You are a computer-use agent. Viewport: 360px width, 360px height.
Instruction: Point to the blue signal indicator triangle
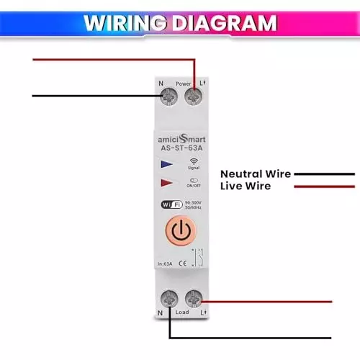pyautogui.click(x=167, y=165)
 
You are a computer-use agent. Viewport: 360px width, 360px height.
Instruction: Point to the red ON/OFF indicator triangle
pyautogui.click(x=167, y=183)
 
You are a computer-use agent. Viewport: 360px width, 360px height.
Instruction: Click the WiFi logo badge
pyautogui.click(x=171, y=204)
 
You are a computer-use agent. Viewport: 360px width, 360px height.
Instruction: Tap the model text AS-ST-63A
pyautogui.click(x=180, y=149)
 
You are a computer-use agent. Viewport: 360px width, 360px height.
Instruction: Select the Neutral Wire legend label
pyautogui.click(x=256, y=174)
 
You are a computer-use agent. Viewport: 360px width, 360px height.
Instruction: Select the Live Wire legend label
pyautogui.click(x=246, y=186)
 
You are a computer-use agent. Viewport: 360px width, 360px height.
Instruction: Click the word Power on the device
pyautogui.click(x=182, y=83)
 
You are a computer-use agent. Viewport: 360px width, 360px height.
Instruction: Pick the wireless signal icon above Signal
pyautogui.click(x=194, y=161)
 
